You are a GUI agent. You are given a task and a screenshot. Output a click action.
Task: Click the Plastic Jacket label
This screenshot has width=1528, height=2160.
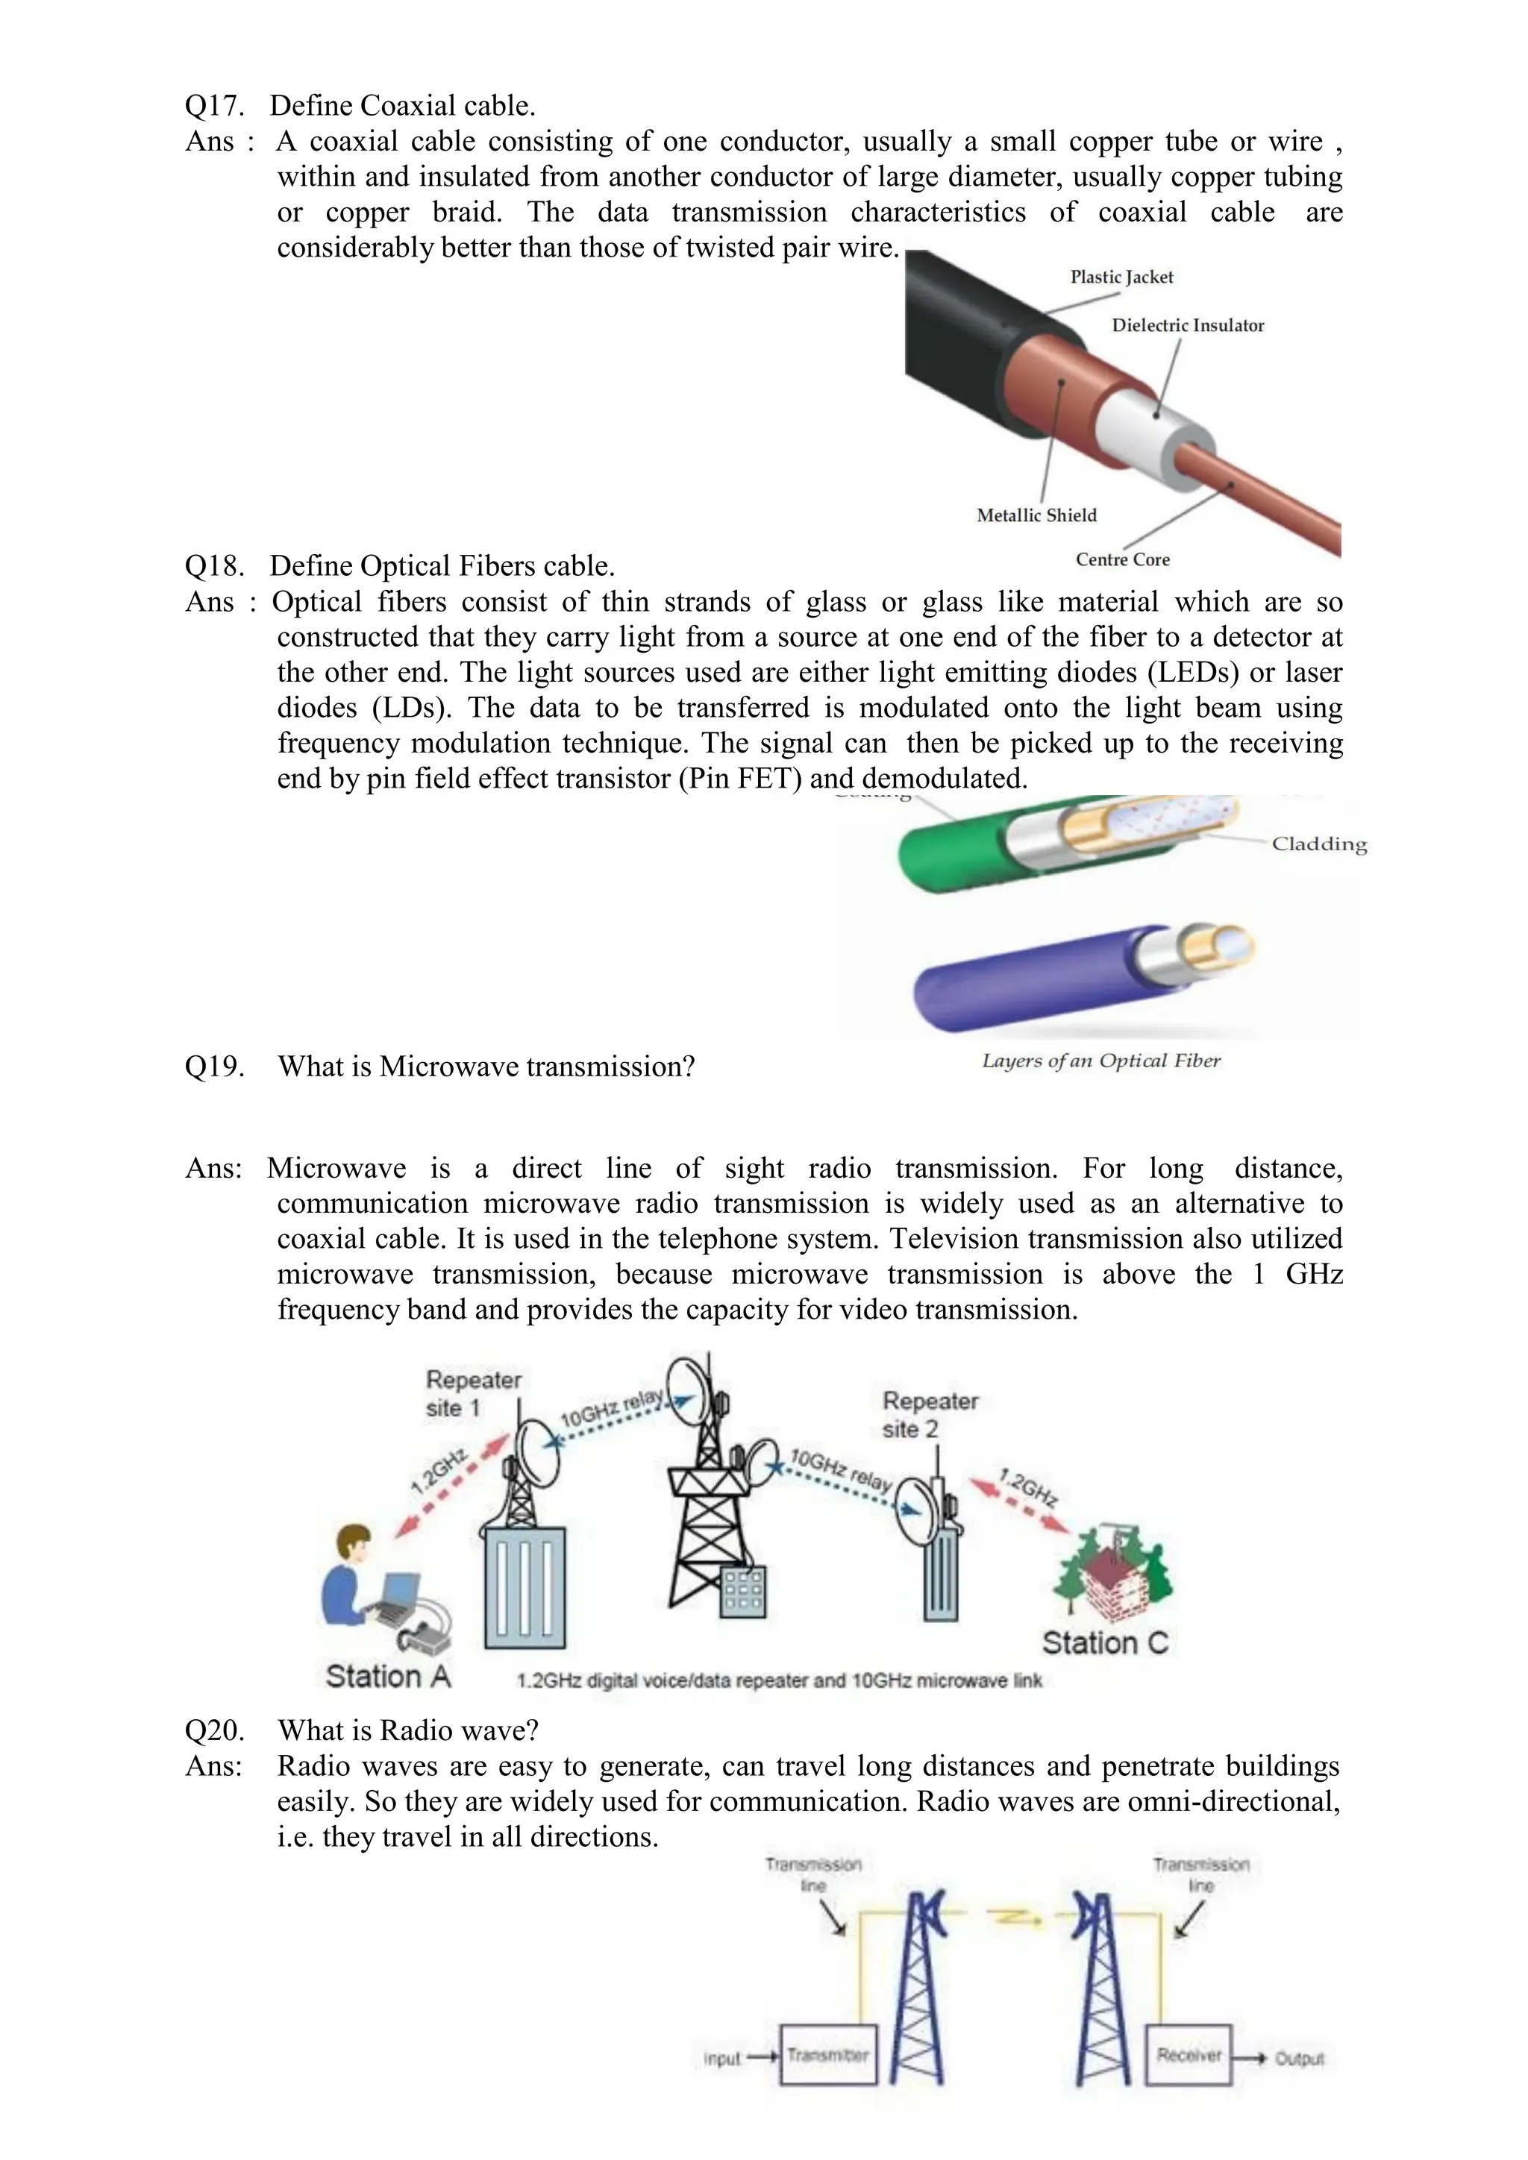(x=1121, y=277)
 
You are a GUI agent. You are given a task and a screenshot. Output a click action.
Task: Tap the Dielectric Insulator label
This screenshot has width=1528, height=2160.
(x=1187, y=325)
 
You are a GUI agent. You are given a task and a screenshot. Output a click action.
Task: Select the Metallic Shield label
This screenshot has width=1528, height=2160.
(x=1036, y=515)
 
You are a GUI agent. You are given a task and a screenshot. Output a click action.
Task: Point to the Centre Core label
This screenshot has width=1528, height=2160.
(x=1122, y=559)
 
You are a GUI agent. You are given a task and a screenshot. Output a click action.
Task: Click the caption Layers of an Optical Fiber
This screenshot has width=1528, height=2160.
(x=1100, y=1061)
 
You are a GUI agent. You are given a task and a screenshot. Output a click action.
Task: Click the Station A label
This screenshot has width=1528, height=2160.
(x=388, y=1677)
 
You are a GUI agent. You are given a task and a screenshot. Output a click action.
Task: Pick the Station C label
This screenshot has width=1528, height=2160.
(x=1105, y=1642)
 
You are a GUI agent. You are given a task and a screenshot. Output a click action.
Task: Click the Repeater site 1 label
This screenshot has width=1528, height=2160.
(x=472, y=1393)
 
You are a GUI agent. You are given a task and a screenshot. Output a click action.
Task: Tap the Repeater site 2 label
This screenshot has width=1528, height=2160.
(x=930, y=1414)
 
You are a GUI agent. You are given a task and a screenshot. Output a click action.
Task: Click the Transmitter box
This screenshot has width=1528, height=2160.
(x=828, y=2056)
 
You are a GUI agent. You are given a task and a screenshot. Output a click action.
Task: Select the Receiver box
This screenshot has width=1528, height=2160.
(x=1189, y=2056)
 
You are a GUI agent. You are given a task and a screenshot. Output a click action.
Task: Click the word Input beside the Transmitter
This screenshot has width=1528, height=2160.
(x=721, y=2059)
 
